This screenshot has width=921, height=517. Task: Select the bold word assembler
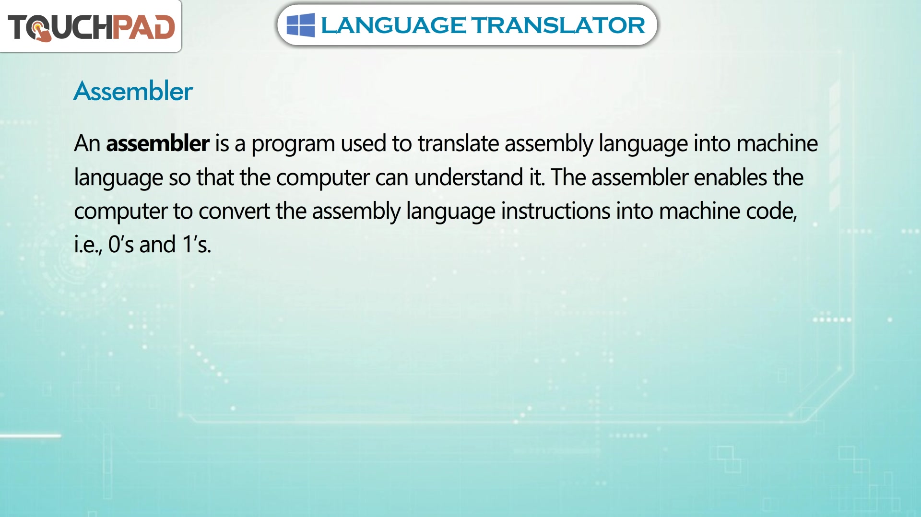click(x=158, y=143)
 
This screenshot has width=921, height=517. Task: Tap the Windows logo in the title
click(x=301, y=25)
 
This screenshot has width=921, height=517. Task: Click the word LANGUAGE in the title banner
click(x=393, y=25)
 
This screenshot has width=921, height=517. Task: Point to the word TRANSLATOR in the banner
click(x=558, y=25)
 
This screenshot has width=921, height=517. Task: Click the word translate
click(x=458, y=143)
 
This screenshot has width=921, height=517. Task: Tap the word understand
click(x=469, y=177)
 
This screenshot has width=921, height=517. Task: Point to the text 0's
click(x=121, y=244)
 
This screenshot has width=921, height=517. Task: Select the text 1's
click(x=196, y=244)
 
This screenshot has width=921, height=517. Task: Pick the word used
click(x=363, y=143)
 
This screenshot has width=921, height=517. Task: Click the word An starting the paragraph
click(x=87, y=143)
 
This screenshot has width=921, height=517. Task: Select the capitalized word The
click(x=568, y=177)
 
